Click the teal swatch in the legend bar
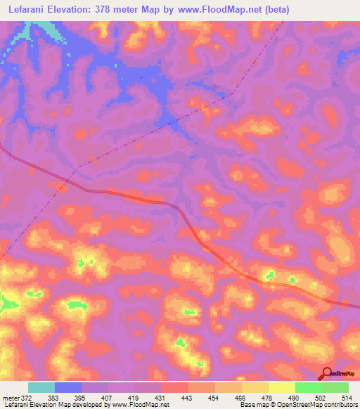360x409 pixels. pyautogui.click(x=41, y=387)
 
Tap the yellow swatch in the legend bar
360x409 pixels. pyautogui.click(x=282, y=387)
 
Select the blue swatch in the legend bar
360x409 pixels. pyautogui.click(x=68, y=387)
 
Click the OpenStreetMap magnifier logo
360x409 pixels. pyautogui.click(x=326, y=374)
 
